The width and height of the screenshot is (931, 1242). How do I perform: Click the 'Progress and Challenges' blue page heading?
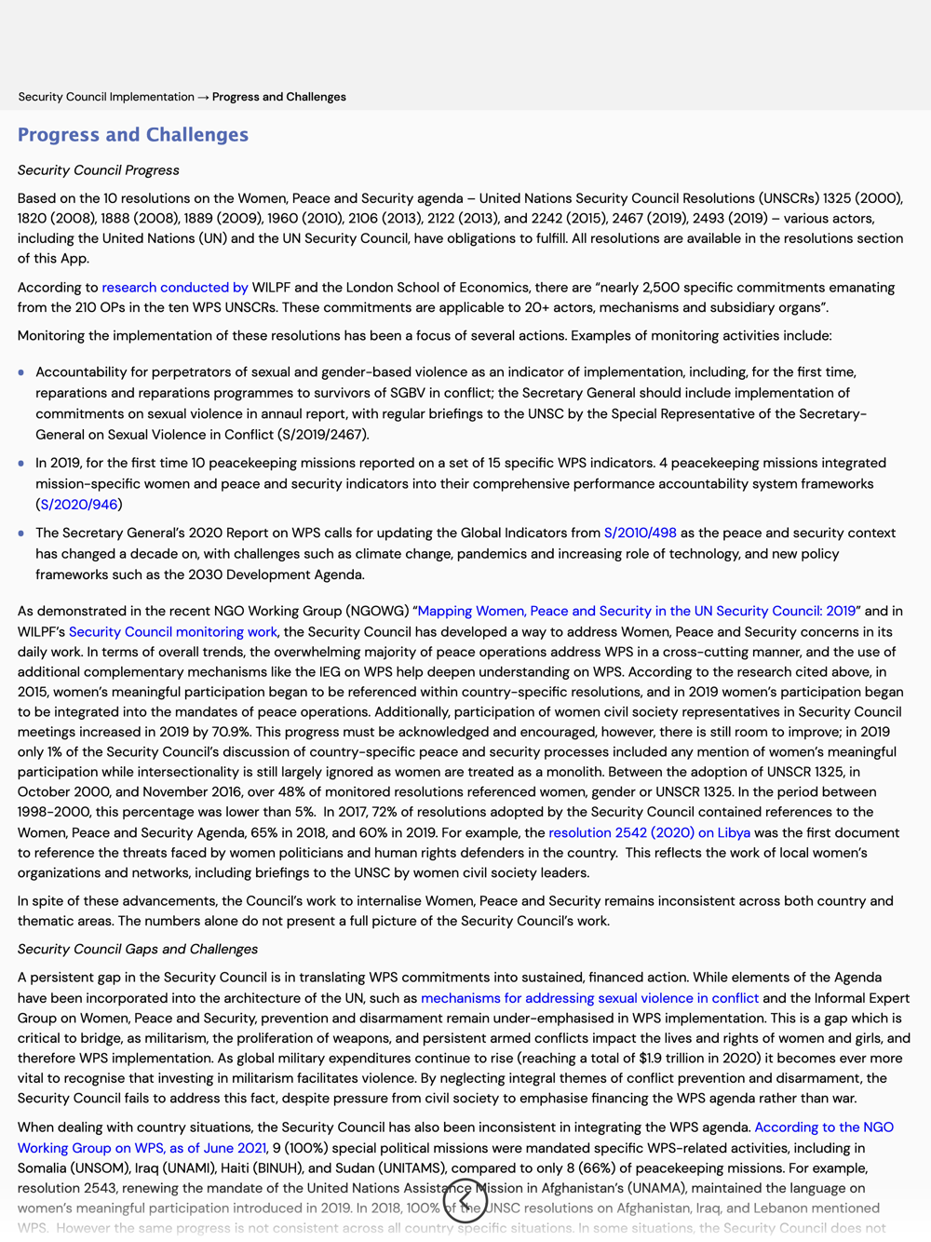point(133,135)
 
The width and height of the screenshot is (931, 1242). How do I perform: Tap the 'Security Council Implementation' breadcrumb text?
point(106,97)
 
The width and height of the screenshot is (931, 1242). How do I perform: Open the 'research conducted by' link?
point(175,288)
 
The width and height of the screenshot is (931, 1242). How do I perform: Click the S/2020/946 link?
point(79,505)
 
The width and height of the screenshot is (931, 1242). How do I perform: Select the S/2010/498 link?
point(640,533)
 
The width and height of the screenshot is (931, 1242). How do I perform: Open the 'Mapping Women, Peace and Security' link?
point(636,612)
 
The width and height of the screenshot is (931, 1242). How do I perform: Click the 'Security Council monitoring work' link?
point(173,632)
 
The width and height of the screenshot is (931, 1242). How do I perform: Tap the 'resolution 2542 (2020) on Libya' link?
point(649,833)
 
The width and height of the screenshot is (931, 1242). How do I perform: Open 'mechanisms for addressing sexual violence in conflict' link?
point(589,998)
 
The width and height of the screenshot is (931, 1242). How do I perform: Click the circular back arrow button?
point(465,1201)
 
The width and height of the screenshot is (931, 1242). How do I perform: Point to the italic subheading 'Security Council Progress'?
point(99,170)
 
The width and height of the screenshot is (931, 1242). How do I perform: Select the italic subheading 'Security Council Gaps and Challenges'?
point(138,950)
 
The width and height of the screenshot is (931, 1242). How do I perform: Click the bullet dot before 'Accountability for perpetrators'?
point(21,372)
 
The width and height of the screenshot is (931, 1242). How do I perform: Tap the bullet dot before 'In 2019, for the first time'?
point(21,464)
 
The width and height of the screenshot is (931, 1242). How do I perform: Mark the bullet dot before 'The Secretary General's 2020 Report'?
point(21,533)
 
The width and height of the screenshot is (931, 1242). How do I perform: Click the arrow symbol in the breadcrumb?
point(203,97)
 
